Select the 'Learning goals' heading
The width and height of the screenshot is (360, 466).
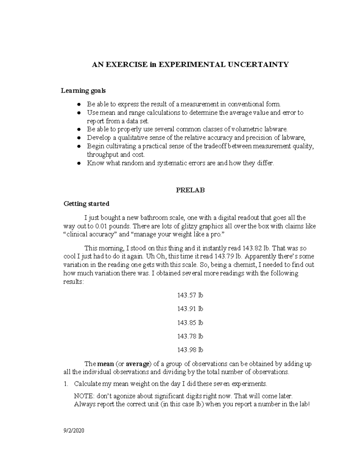83,90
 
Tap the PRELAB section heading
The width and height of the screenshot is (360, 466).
190,190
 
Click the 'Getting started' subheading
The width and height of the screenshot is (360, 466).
86,204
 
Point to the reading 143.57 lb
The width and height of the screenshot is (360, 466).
190,295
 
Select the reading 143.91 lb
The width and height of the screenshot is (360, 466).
190,309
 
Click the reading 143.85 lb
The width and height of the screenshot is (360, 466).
190,323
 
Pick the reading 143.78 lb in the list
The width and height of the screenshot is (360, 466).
190,336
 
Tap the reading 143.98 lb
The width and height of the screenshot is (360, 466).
190,350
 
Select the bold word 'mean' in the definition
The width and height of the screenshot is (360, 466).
106,364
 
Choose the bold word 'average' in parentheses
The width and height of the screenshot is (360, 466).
137,364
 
